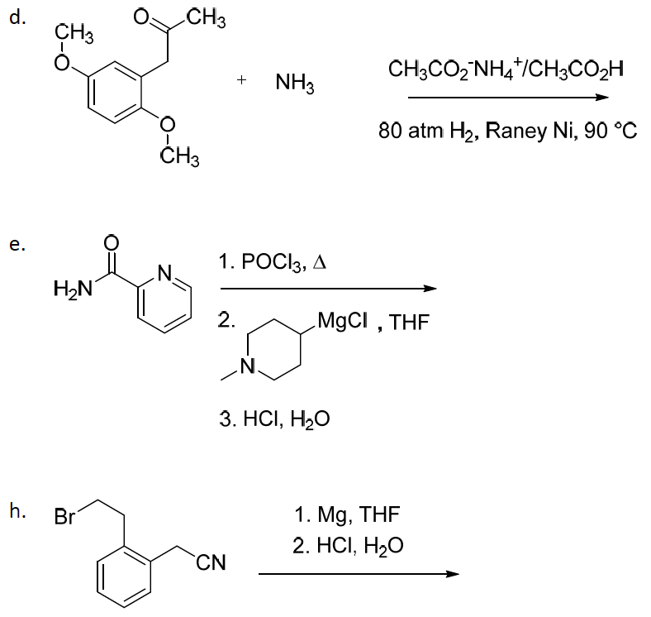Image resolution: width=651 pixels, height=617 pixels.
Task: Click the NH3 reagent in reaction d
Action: click(x=295, y=83)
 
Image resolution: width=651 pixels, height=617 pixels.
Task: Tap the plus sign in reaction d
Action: click(x=241, y=79)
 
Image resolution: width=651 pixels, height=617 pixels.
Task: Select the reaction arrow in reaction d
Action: click(x=508, y=98)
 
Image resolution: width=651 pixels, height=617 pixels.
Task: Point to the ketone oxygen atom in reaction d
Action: click(x=141, y=17)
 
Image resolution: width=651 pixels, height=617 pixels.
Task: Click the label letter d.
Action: click(x=17, y=17)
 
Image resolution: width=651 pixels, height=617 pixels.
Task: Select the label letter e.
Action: click(x=17, y=245)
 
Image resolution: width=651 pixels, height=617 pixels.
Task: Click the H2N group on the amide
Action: click(x=73, y=288)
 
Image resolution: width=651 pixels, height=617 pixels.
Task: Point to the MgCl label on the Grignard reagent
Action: click(x=342, y=321)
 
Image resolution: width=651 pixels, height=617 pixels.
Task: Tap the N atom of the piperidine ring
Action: click(x=248, y=366)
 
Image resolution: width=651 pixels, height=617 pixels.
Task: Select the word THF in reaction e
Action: click(x=409, y=323)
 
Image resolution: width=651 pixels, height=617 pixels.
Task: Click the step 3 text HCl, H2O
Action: click(x=275, y=419)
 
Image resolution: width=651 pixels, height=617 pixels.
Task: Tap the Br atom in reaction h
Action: click(x=64, y=517)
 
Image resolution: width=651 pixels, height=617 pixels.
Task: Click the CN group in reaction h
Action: click(x=211, y=563)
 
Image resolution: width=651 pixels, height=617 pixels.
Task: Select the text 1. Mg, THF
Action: click(x=347, y=514)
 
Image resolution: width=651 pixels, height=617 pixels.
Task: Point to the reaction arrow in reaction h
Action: click(x=359, y=574)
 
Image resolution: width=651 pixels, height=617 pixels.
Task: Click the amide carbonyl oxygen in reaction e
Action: click(x=111, y=243)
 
